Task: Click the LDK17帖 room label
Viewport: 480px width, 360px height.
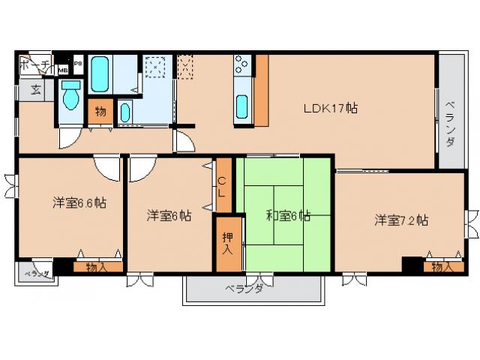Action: [x=330, y=108]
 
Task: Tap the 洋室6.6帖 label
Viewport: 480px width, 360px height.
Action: [x=79, y=202]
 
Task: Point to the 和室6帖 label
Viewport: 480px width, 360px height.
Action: [x=288, y=216]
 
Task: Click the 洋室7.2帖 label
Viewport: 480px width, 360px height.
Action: [x=401, y=220]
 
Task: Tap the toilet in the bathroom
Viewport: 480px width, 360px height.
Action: [x=72, y=95]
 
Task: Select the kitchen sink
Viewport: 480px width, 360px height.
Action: [x=243, y=106]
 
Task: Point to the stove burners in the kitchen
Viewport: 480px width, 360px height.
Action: [x=243, y=66]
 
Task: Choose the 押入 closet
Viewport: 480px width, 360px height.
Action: [x=226, y=242]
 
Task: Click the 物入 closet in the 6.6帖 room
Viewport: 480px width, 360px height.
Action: [x=96, y=265]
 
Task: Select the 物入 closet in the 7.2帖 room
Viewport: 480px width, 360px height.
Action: [x=442, y=265]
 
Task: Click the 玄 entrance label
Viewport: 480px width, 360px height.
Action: [x=36, y=89]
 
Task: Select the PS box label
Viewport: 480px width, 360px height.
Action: [x=77, y=64]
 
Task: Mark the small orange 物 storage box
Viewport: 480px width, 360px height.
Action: [x=100, y=112]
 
